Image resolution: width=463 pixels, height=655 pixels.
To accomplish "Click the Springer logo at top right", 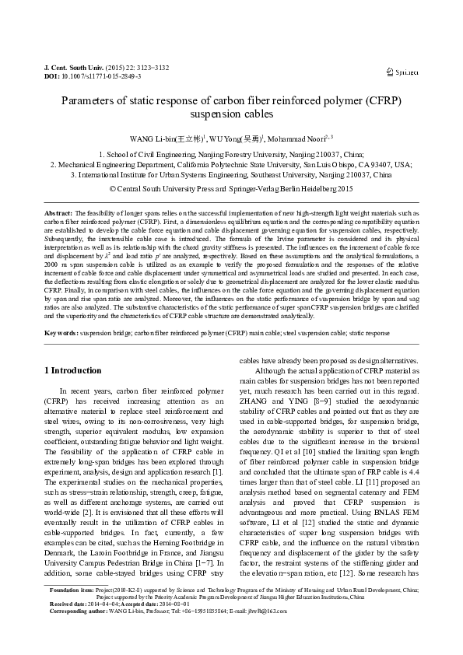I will (402, 72).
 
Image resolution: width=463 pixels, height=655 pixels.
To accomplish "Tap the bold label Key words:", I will (61, 332).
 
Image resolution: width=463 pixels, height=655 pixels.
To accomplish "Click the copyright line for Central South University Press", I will (231, 187).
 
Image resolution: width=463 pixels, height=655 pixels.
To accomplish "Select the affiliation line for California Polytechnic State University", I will (231, 165).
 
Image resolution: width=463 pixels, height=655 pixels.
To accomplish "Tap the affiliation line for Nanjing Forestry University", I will (231, 155).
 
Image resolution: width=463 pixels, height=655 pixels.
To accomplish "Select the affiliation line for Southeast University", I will (231, 175).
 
